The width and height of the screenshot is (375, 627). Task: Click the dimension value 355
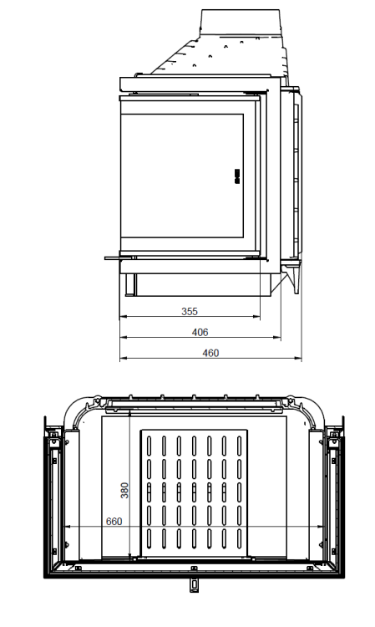click(190, 312)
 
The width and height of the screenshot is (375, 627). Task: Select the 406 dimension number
click(200, 332)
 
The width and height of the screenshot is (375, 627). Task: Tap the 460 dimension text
click(211, 353)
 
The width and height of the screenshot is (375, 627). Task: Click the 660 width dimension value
click(115, 522)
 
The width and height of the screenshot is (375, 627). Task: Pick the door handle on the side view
click(236, 175)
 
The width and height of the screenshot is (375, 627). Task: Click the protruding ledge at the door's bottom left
click(113, 258)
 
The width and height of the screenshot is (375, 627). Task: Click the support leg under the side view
click(132, 284)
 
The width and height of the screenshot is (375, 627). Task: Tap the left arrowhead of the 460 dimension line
click(122, 359)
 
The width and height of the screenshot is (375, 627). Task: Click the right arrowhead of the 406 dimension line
click(279, 338)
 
